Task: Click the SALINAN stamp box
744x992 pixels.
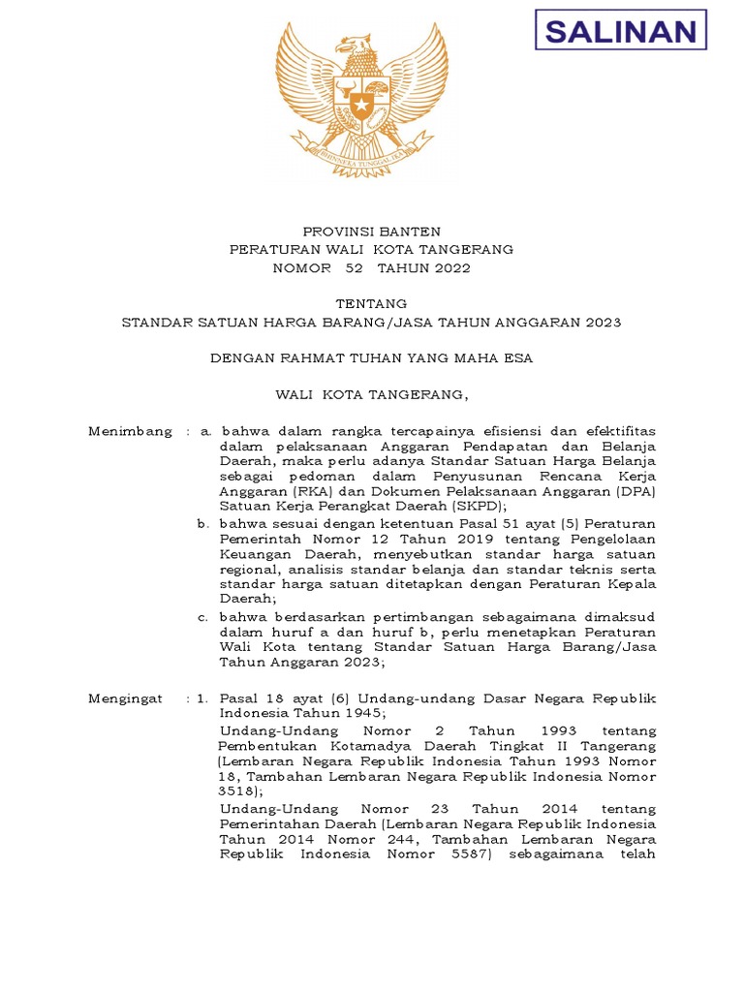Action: [x=621, y=31]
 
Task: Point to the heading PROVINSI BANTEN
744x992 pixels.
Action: [x=371, y=232]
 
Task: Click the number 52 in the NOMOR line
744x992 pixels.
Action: [x=340, y=268]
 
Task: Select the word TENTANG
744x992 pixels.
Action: [x=371, y=304]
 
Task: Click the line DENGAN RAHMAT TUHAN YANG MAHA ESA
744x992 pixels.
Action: [x=371, y=358]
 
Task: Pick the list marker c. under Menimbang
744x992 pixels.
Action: [x=201, y=616]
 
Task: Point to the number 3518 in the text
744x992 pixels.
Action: [x=238, y=790]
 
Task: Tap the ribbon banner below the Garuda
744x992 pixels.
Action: [x=360, y=155]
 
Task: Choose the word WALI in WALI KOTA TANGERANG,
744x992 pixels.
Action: [x=293, y=394]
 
